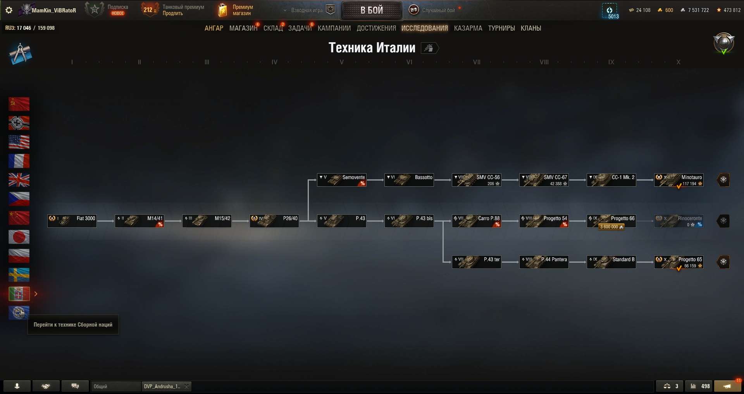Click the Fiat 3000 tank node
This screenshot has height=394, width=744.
(x=72, y=221)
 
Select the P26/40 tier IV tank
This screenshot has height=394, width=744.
(x=274, y=221)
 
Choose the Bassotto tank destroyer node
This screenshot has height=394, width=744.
(x=409, y=180)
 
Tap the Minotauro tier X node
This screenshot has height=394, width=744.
(x=679, y=180)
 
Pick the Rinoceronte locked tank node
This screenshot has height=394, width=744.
(x=679, y=221)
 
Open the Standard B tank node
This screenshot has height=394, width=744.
(x=611, y=262)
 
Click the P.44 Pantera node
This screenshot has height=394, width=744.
(x=544, y=262)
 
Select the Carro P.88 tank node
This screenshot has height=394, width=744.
(x=477, y=221)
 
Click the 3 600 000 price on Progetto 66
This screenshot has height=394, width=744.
(x=611, y=227)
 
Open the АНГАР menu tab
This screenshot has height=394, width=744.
(x=214, y=28)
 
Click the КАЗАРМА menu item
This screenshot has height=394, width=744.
(x=468, y=28)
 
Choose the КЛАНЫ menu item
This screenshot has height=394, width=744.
(x=531, y=28)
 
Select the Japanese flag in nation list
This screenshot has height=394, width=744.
(x=19, y=237)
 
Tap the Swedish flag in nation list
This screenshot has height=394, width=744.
(x=19, y=275)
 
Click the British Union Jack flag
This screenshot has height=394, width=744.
(x=19, y=180)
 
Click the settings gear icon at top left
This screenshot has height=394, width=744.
(x=9, y=10)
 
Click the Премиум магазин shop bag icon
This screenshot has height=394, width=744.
(x=222, y=10)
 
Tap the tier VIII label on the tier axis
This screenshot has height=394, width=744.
(x=544, y=62)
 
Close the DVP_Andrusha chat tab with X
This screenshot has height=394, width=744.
(x=187, y=386)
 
